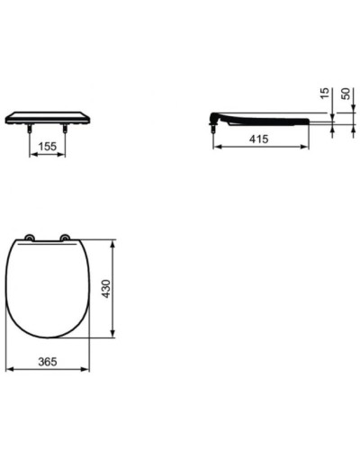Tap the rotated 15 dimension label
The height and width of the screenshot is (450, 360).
pyautogui.click(x=325, y=94)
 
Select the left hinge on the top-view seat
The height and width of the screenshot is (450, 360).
pyautogui.click(x=30, y=238)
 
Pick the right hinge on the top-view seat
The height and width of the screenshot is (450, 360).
pyautogui.click(x=65, y=238)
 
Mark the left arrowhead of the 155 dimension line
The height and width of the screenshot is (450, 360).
pyautogui.click(x=34, y=153)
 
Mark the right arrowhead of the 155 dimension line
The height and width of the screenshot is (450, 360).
pyautogui.click(x=62, y=153)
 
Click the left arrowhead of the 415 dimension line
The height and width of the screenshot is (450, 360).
pyautogui.click(x=217, y=147)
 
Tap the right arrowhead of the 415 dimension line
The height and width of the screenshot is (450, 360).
pyautogui.click(x=307, y=147)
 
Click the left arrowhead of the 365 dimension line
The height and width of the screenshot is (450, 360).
pyautogui.click(x=9, y=369)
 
